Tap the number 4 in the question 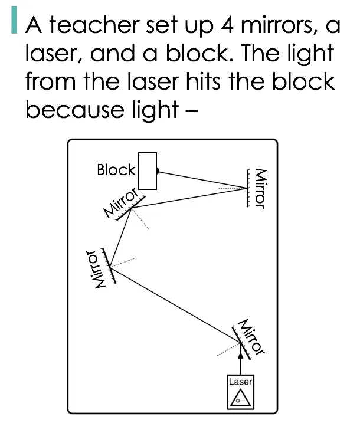[x=228, y=25]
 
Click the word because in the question [x=75, y=109]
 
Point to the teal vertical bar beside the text [x=14, y=20]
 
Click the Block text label [x=116, y=170]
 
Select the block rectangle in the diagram [x=148, y=171]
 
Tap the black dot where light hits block [x=158, y=171]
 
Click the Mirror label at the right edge [x=260, y=189]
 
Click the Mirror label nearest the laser [x=251, y=337]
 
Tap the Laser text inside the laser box [x=240, y=382]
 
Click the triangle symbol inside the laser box [x=241, y=398]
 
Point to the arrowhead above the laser [x=241, y=355]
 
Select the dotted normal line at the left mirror [x=123, y=263]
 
